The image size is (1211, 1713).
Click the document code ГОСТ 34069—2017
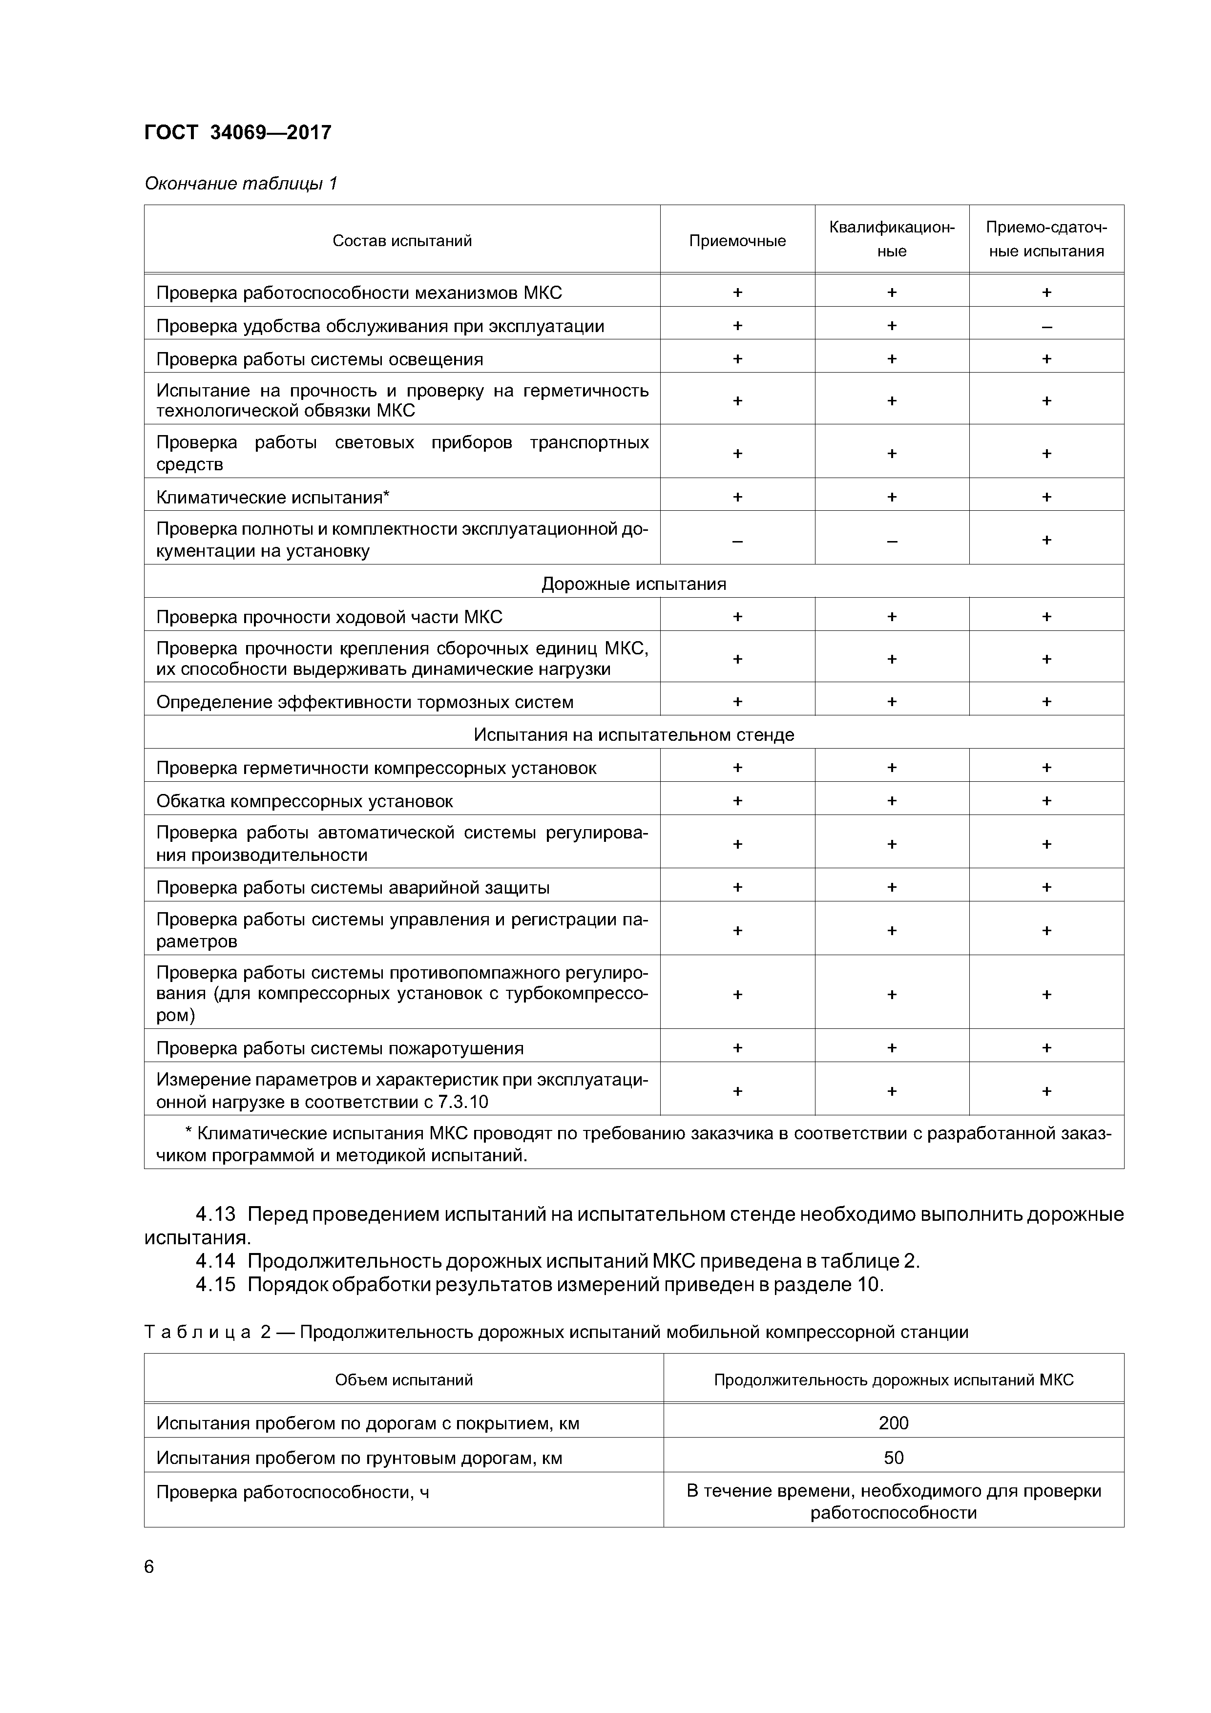point(237,133)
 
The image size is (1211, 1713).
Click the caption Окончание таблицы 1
point(240,184)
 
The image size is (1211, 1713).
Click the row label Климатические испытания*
point(273,497)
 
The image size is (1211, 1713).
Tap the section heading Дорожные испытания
point(633,584)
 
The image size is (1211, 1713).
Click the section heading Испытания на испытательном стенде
point(633,735)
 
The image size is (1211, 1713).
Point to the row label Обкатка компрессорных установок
point(304,801)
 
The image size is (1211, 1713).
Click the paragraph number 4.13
point(215,1214)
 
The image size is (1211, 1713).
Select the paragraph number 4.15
point(215,1285)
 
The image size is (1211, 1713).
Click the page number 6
point(149,1567)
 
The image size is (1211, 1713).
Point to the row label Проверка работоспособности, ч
point(292,1492)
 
